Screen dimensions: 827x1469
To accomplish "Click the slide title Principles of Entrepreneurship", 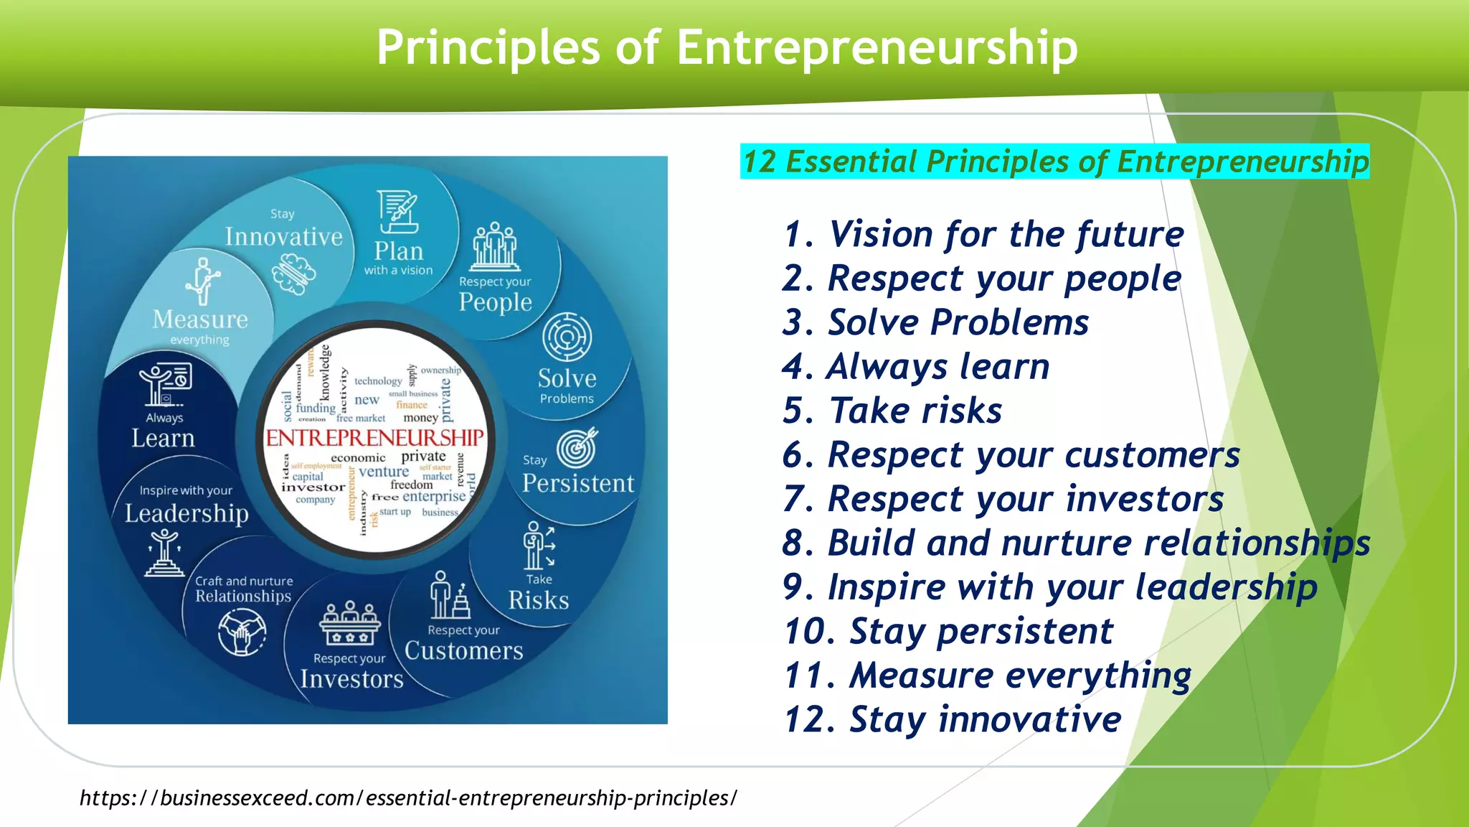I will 727,47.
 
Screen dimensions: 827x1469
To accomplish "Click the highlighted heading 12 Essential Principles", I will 1054,162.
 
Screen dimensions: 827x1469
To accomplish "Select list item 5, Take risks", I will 892,411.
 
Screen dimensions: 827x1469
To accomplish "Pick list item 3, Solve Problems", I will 935,322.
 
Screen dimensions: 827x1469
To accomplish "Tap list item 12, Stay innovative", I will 952,719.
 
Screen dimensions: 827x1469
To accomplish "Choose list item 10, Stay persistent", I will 948,632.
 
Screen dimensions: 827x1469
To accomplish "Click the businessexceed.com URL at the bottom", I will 407,798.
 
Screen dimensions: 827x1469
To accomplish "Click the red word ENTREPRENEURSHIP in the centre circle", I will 374,437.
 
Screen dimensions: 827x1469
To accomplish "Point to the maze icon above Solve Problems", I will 567,337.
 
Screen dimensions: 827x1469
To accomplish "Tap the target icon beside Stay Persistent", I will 577,447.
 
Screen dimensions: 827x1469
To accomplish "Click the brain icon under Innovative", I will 293,274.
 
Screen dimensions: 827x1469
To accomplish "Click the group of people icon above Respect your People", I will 495,247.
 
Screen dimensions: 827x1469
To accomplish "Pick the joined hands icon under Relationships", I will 242,632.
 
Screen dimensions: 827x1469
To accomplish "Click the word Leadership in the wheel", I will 186,513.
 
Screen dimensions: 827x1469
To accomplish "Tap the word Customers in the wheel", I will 463,650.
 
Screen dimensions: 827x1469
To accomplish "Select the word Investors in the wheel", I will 351,679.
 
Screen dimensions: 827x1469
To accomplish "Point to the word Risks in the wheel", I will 538,600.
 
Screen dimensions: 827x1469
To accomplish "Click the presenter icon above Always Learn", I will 166,384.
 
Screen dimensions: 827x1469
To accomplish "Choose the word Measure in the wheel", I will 200,319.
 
